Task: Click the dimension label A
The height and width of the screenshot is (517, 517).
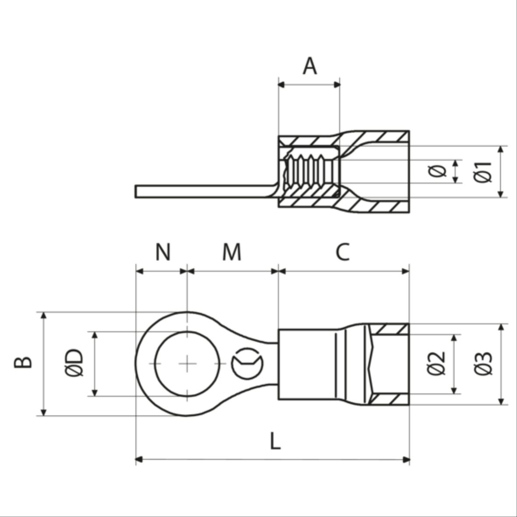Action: pyautogui.click(x=309, y=67)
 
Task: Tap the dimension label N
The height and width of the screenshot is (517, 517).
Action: pyautogui.click(x=163, y=252)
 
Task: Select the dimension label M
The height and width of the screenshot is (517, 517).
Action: pyautogui.click(x=231, y=252)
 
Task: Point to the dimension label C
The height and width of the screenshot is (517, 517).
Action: pyautogui.click(x=343, y=252)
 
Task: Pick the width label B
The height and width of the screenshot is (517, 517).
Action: pyautogui.click(x=23, y=362)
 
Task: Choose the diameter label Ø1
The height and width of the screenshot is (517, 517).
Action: pyautogui.click(x=484, y=172)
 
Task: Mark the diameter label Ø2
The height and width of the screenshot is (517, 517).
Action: pyautogui.click(x=436, y=363)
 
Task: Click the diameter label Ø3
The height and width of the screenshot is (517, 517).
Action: pyautogui.click(x=484, y=363)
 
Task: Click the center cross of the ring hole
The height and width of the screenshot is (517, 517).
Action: pyautogui.click(x=187, y=363)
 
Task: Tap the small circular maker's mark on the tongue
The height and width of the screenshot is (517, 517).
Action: pyautogui.click(x=247, y=363)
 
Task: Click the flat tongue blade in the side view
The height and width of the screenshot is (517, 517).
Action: pyautogui.click(x=201, y=191)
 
